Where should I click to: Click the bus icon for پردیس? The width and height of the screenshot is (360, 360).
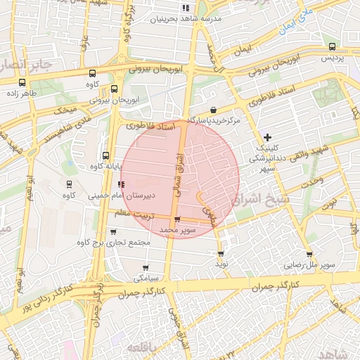(x=331, y=46)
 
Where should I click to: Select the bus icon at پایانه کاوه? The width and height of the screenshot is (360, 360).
(x=106, y=155)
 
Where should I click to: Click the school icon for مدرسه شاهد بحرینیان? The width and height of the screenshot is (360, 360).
(x=186, y=8)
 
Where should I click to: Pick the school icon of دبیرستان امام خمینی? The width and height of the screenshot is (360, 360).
(x=122, y=184)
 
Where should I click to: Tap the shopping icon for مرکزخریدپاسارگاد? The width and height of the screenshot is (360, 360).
(x=213, y=110)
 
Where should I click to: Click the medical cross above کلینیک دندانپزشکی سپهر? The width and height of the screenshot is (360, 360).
(x=267, y=136)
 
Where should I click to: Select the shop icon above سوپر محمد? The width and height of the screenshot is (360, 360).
(x=176, y=219)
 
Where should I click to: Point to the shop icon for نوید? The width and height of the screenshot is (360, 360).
(x=221, y=253)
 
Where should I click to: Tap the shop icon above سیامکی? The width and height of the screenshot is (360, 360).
(x=146, y=267)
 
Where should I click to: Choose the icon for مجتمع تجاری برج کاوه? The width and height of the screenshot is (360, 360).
(x=113, y=232)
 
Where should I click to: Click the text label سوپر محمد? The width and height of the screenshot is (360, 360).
(x=176, y=229)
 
